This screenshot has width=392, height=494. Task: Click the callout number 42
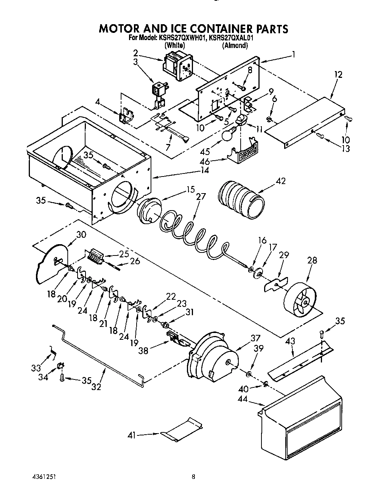[280, 181]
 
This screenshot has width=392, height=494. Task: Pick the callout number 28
[312, 260]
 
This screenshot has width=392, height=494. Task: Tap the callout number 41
[131, 435]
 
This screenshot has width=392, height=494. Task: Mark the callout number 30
[81, 235]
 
